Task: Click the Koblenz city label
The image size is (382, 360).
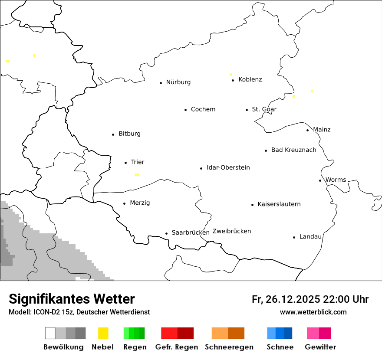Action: pyautogui.click(x=250, y=79)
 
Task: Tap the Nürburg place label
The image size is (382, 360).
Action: pyautogui.click(x=178, y=82)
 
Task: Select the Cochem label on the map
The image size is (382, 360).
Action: pyautogui.click(x=203, y=109)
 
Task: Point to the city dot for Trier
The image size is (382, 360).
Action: pyautogui.click(x=126, y=163)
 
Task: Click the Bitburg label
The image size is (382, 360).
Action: pyautogui.click(x=129, y=134)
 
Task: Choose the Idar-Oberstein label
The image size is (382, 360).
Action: pyautogui.click(x=228, y=167)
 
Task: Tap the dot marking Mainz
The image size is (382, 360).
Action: pyautogui.click(x=308, y=130)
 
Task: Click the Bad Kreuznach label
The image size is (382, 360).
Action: pyautogui.click(x=293, y=150)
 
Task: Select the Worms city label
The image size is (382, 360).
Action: pyautogui.click(x=336, y=180)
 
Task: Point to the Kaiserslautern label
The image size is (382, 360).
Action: pyautogui.click(x=279, y=204)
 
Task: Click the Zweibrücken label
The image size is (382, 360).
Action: pyautogui.click(x=231, y=231)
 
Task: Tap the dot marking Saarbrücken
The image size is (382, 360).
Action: pyautogui.click(x=166, y=233)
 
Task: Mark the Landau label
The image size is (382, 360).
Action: pyautogui.click(x=310, y=237)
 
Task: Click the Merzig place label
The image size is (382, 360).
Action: pyautogui.click(x=140, y=203)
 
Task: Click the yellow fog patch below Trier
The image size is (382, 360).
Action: pyautogui.click(x=137, y=175)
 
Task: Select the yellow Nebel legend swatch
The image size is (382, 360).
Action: pyautogui.click(x=103, y=333)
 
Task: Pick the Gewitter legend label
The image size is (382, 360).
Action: pyautogui.click(x=320, y=347)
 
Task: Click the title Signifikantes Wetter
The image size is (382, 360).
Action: pyautogui.click(x=72, y=299)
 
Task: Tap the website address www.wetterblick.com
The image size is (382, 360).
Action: pyautogui.click(x=313, y=312)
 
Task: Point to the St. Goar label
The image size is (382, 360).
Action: pyautogui.click(x=264, y=109)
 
